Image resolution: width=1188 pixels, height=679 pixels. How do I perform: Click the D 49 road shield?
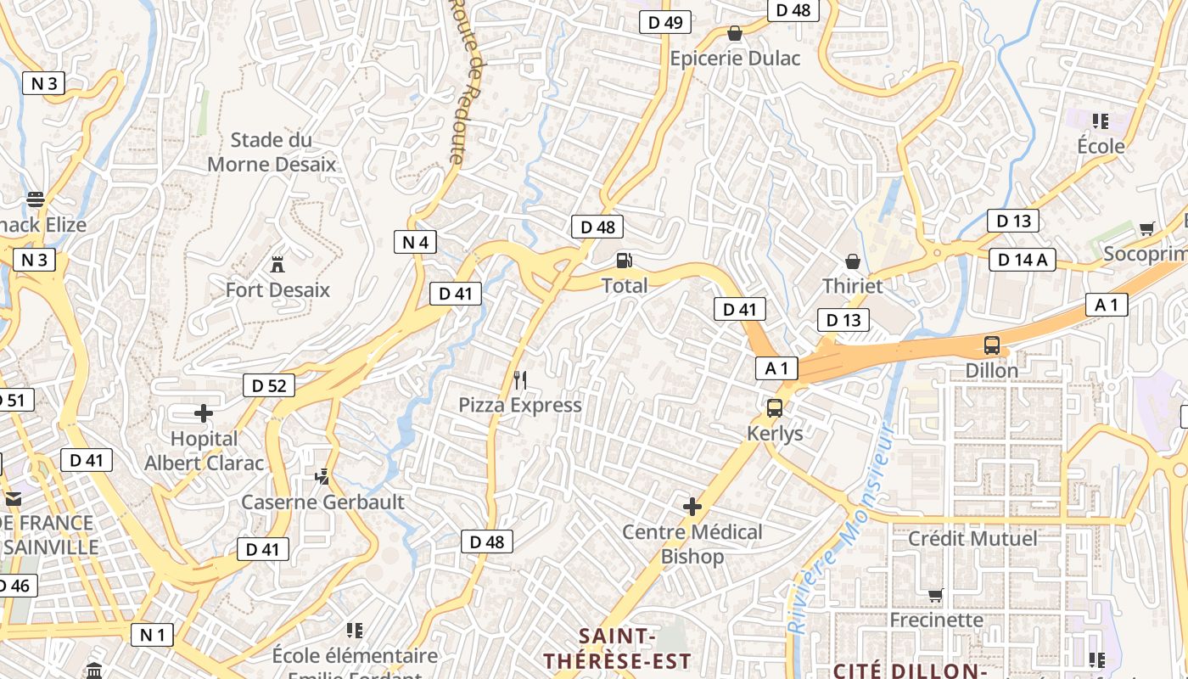(665, 22)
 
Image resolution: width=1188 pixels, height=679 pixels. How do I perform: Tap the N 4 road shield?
(416, 242)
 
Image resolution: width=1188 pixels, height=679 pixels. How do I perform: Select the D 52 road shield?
(269, 385)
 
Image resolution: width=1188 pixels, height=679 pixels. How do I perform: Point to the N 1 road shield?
(152, 634)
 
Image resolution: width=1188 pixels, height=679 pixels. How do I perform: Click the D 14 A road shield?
(1023, 260)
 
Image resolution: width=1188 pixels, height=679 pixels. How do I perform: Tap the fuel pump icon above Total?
(625, 260)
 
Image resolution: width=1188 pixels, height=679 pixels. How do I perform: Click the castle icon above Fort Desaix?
(277, 264)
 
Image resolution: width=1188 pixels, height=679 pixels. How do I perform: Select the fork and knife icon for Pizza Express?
(520, 379)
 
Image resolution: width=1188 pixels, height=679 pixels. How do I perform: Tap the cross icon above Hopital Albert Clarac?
(204, 413)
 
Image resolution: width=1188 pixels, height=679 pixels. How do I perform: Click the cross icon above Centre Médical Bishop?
(692, 507)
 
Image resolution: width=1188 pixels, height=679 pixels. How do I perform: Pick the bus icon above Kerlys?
(775, 408)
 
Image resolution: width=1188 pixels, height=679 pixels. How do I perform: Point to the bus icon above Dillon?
(991, 345)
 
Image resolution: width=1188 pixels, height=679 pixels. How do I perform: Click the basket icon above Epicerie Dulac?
(735, 33)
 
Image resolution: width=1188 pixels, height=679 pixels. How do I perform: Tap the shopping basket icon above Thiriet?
(853, 261)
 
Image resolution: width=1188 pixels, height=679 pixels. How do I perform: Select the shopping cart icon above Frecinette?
(935, 595)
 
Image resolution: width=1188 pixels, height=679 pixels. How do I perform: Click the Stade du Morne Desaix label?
(272, 152)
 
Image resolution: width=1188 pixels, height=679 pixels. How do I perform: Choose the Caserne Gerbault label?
(322, 502)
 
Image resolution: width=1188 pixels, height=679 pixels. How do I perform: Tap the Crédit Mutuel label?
(972, 538)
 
